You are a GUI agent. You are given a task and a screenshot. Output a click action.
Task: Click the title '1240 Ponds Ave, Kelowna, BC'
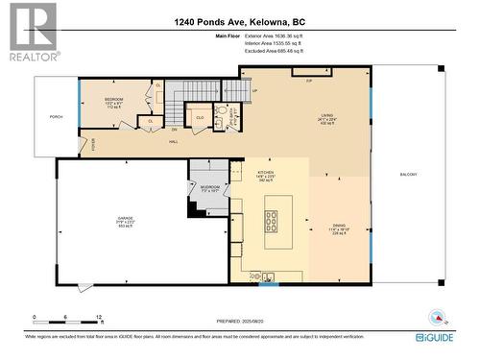point(239,22)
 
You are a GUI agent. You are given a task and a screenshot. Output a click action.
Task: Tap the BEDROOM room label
point(114,99)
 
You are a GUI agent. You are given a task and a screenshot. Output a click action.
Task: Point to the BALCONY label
point(407,174)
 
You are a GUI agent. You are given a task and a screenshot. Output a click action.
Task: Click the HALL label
point(174,142)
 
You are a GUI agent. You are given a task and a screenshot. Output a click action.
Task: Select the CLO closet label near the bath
point(199,118)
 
